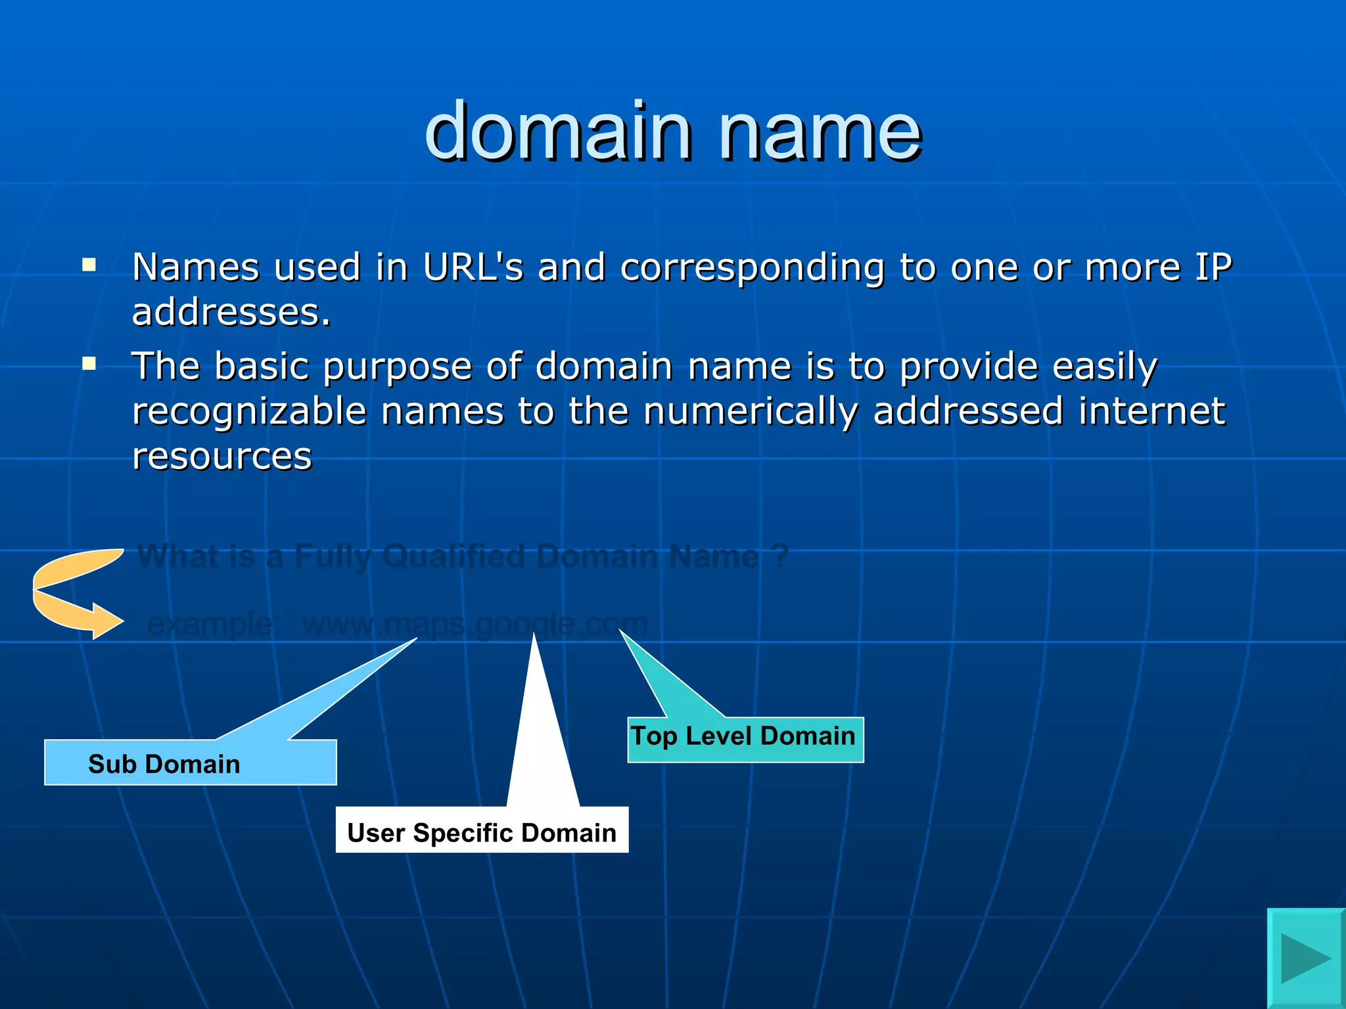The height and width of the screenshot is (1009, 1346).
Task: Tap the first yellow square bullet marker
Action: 89,265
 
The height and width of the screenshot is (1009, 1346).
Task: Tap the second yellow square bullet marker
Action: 89,364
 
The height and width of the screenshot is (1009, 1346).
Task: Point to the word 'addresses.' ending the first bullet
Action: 231,312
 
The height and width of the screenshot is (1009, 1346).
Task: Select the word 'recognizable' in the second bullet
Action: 248,412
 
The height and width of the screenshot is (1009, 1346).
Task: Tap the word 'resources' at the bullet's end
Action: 222,457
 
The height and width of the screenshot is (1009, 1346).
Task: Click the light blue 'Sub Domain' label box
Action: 190,763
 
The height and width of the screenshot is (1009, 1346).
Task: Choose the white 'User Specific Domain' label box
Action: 482,830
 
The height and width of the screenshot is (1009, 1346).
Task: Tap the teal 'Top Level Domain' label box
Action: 745,739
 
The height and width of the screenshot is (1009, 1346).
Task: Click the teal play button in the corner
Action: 1305,958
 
